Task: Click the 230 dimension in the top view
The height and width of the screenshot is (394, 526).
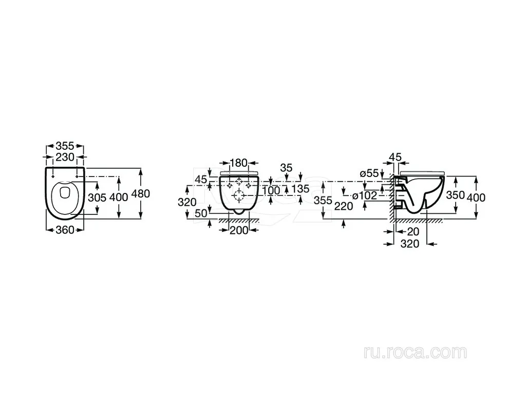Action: [x=65, y=157]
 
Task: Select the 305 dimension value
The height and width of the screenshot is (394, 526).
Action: [x=97, y=198]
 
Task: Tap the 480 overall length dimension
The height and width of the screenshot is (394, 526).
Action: [x=141, y=193]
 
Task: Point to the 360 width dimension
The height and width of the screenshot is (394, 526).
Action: [x=65, y=230]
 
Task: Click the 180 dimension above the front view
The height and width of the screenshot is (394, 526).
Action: [x=238, y=163]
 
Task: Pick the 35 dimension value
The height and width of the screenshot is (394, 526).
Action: [x=286, y=168]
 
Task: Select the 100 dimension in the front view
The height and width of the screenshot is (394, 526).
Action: [x=271, y=190]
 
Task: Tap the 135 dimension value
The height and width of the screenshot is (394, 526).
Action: [x=300, y=189]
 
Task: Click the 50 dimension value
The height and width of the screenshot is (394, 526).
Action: [x=201, y=213]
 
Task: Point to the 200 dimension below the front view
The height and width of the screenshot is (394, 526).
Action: [x=239, y=230]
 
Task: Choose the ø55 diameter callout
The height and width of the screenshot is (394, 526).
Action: [x=369, y=173]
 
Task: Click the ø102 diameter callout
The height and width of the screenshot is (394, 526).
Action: [x=365, y=195]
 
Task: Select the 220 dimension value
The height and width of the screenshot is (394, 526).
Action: [x=344, y=206]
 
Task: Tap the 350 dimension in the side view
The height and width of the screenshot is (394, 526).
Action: [x=456, y=194]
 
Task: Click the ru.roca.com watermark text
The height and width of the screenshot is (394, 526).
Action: [x=415, y=352]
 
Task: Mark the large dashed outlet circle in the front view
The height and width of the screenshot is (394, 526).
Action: [x=239, y=195]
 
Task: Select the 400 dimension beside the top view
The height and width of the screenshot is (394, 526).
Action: [x=119, y=198]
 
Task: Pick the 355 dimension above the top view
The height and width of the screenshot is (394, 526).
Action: [x=65, y=146]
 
